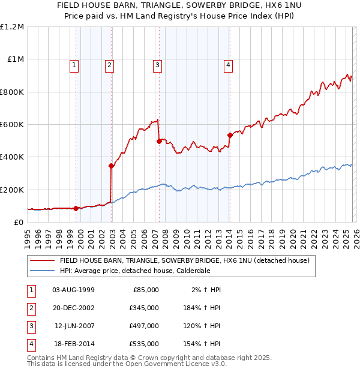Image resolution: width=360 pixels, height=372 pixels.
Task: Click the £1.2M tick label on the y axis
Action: coord(12,27)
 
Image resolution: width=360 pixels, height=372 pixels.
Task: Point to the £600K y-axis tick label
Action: coord(12,125)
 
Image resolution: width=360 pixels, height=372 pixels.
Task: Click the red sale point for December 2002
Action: coord(112,166)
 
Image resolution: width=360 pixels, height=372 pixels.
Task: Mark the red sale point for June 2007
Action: coord(159,142)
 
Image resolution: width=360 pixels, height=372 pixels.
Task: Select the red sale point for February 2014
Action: coord(230,135)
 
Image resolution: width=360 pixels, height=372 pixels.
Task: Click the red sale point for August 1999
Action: coord(76,209)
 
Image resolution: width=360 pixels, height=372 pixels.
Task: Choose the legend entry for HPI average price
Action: coord(134,271)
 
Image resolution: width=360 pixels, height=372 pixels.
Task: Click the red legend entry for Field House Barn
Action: coord(184,260)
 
